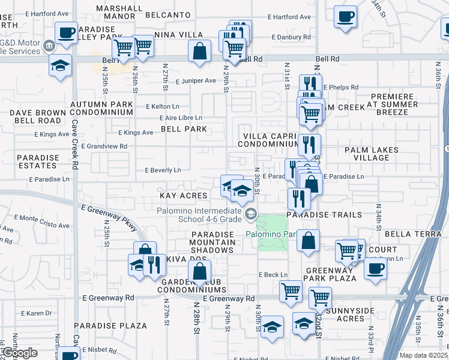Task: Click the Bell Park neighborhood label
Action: click(x=184, y=129)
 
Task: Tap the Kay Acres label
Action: click(x=183, y=196)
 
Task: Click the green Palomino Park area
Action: click(x=273, y=233)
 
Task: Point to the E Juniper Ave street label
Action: click(x=195, y=80)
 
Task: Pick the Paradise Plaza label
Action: click(x=110, y=326)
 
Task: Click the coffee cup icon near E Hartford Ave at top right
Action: click(x=345, y=16)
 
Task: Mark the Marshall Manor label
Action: click(x=119, y=13)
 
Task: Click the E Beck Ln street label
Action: click(x=273, y=275)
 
